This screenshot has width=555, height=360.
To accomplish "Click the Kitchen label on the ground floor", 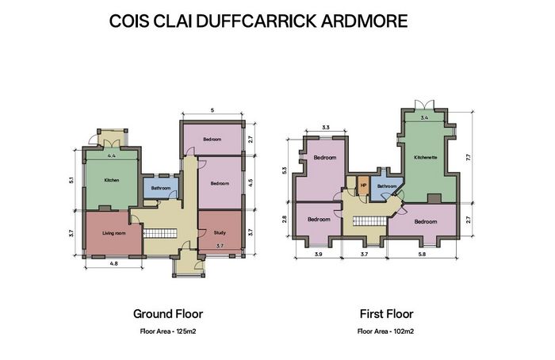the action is pos(112,180).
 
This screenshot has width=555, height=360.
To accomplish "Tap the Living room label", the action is pos(114,233).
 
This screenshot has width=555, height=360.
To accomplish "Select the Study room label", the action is pos(220,232).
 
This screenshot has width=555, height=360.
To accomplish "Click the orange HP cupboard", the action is pos(363,185).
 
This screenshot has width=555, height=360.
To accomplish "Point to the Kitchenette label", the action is pos(426,157).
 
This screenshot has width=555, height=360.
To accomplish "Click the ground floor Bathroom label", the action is pos(161,188).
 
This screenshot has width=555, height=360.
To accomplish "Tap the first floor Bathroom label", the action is pos(387,186).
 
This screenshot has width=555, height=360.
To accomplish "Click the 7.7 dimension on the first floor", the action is pos(469,157).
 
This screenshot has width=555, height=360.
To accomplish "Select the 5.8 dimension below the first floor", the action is pos(422,254).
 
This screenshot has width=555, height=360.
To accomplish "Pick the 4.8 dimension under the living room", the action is pos(113,263).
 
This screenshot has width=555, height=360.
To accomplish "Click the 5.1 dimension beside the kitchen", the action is pos(71,180).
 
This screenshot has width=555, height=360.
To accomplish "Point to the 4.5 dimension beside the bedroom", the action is pos(251,183).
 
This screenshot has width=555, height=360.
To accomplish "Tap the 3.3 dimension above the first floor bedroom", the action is pos(326,128).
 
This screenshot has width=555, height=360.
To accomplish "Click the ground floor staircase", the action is pos(159,233).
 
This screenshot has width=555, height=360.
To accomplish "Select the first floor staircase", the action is pos(370,221).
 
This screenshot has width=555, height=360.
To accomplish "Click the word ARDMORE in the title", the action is pos(365,21).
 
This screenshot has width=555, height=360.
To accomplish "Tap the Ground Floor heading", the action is pos(168,314).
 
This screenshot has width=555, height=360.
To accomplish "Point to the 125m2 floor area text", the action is pos(186,331).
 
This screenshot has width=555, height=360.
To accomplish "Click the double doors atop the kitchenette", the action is pos(424,105).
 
